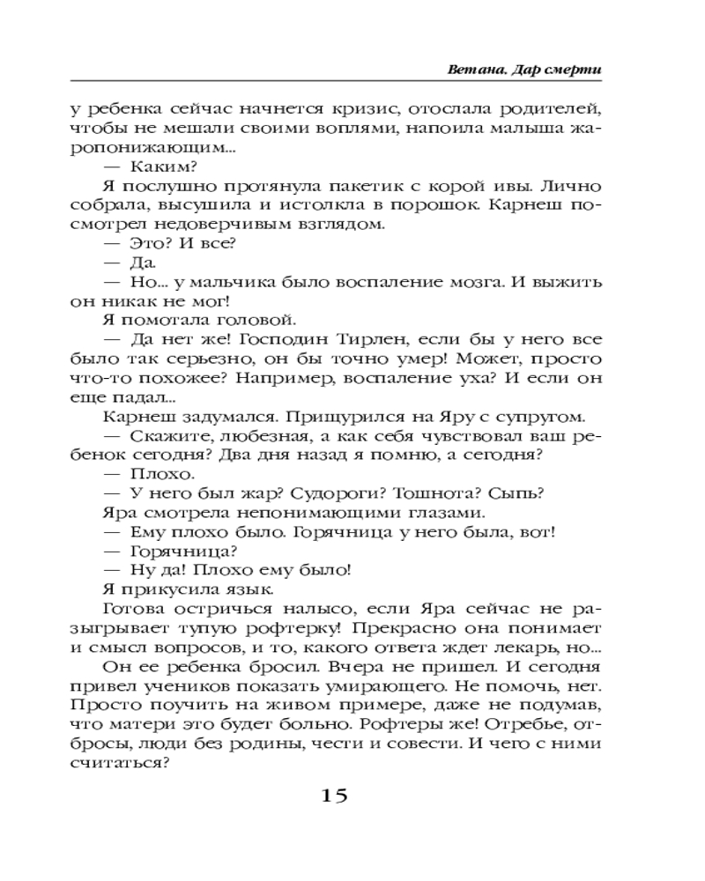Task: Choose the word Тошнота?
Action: click(430, 494)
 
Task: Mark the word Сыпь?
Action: click(517, 494)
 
